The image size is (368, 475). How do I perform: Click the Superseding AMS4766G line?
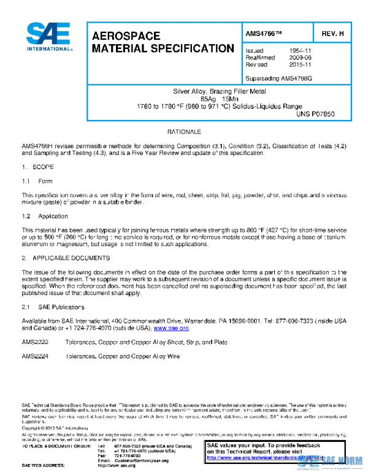(278, 79)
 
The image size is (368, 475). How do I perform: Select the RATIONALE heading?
(184, 132)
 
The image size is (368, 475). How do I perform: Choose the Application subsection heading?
(53, 216)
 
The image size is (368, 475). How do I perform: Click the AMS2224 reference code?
(34, 356)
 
